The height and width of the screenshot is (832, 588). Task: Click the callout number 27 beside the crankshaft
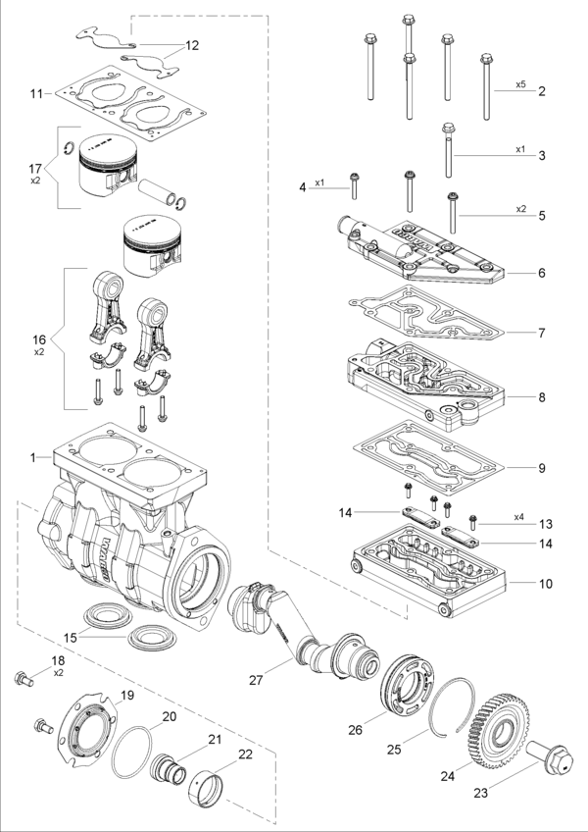(x=256, y=680)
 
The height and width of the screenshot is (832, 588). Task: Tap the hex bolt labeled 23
(x=550, y=755)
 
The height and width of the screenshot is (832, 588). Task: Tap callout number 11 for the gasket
(x=36, y=94)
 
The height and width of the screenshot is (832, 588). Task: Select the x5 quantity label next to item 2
(x=520, y=83)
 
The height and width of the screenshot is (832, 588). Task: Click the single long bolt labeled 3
(x=449, y=150)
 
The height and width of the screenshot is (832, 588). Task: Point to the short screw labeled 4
(x=354, y=185)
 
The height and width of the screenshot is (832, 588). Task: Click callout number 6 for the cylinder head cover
(x=541, y=273)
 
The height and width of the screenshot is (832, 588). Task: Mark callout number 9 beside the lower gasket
(x=541, y=468)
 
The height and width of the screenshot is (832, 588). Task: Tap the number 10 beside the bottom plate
(x=546, y=584)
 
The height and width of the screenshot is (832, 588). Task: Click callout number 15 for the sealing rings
(x=71, y=638)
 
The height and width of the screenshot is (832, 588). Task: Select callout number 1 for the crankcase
(x=33, y=457)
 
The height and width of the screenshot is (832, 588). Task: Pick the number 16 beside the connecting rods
(x=39, y=339)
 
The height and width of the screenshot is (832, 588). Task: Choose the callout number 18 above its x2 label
(x=58, y=660)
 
